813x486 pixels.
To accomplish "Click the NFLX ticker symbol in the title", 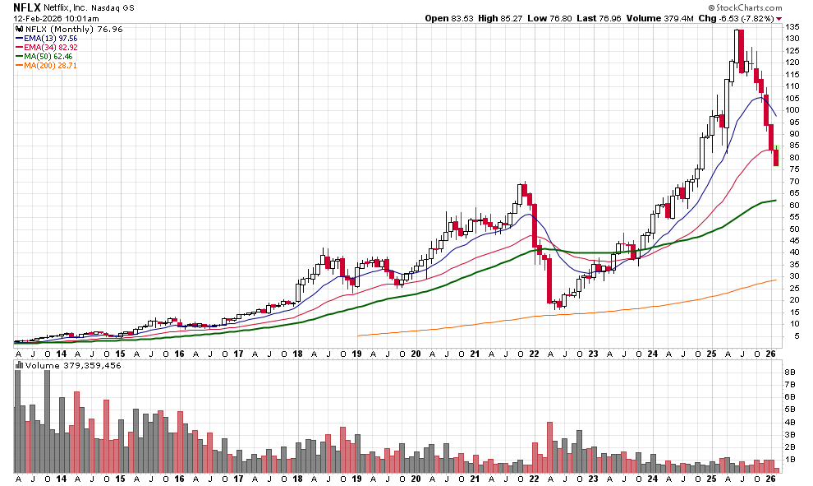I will [28, 7].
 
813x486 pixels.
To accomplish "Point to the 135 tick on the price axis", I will [792, 27].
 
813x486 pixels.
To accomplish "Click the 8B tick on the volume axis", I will [790, 373].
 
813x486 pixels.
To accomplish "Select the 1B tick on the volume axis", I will [790, 459].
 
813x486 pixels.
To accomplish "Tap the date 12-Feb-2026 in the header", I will [37, 17].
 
